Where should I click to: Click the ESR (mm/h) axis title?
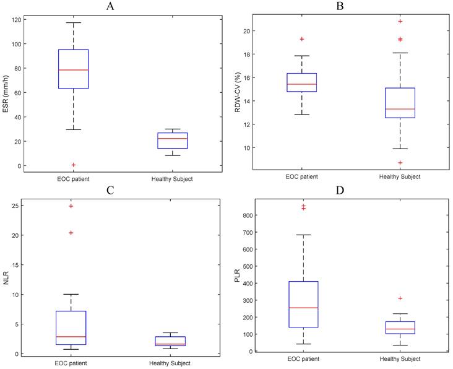click(8, 91)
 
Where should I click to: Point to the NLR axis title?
click(8, 279)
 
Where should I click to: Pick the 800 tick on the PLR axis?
click(254, 215)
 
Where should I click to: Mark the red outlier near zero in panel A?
click(73, 165)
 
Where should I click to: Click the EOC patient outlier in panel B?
click(302, 39)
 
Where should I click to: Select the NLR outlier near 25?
click(71, 206)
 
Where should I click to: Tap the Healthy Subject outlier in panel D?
click(399, 298)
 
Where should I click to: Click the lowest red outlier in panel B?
click(400, 163)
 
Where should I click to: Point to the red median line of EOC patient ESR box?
click(73, 70)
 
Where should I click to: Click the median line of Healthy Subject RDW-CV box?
click(400, 109)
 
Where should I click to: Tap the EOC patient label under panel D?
click(303, 359)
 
